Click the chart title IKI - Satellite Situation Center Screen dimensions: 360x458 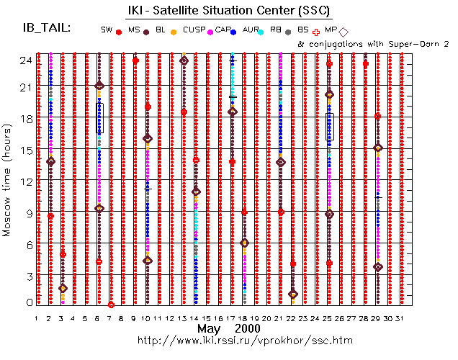coord(229,10)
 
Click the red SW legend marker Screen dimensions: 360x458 coord(119,32)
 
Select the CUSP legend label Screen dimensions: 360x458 coord(194,30)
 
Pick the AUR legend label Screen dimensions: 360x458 coord(251,30)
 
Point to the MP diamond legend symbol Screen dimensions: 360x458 coord(343,32)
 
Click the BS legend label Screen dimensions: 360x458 coord(303,30)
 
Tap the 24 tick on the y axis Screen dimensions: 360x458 coord(25,60)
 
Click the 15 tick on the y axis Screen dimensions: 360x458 coord(25,150)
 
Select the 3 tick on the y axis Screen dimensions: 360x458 coord(27,276)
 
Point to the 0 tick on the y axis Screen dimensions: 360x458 coord(28,302)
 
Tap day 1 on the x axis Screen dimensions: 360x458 coord(37,318)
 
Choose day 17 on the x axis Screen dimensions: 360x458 coord(231,318)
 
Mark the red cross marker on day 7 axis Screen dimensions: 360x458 coord(111,305)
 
